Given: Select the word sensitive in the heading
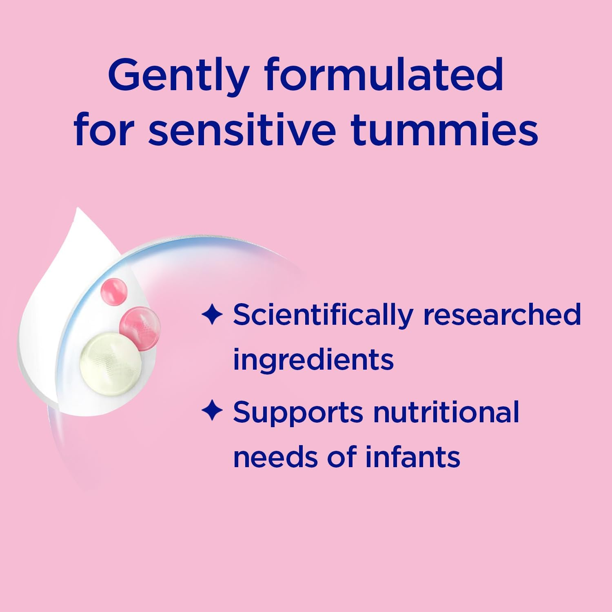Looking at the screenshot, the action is pos(242,130).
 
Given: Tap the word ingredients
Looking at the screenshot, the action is pos(313,360).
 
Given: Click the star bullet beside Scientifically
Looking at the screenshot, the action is pos(212,315).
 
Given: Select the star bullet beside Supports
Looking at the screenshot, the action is pos(212,411).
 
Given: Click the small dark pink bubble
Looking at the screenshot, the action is pos(114,291).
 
